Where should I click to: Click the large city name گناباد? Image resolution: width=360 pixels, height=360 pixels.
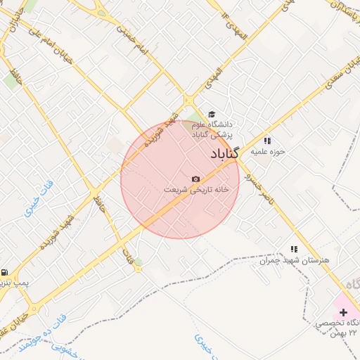click(x=225, y=153)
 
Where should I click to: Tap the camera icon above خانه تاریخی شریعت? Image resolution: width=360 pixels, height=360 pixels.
click(x=195, y=179)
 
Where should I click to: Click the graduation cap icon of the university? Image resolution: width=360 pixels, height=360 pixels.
click(x=211, y=115)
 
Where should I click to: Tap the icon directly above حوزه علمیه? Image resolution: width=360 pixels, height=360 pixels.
click(x=267, y=141)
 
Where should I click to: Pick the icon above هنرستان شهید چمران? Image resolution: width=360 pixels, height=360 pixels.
click(x=294, y=249)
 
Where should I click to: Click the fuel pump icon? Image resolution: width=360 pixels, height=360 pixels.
click(x=5, y=272)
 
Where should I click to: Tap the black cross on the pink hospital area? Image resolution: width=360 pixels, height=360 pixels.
click(x=343, y=311)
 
